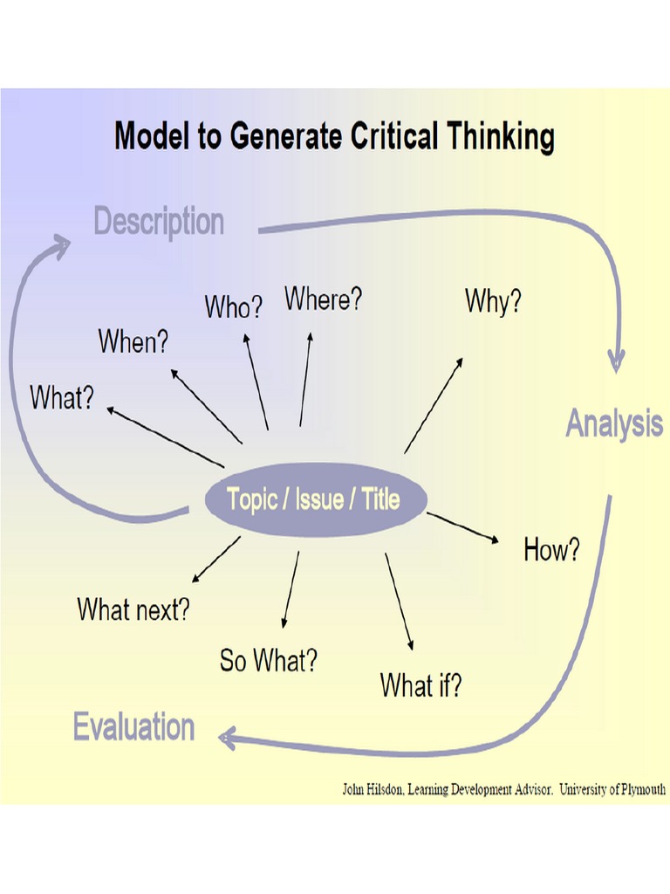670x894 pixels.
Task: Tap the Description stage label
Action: [159, 222]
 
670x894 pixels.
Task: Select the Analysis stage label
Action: [614, 423]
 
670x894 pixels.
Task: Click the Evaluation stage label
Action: [133, 726]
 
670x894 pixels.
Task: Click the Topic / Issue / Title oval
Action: [314, 499]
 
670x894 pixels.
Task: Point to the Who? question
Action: [233, 307]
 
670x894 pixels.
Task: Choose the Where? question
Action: [323, 299]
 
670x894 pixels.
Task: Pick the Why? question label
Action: [493, 301]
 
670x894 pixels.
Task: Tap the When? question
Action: [133, 341]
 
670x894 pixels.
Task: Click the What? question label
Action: [61, 397]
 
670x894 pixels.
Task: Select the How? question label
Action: [551, 550]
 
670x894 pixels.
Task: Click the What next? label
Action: [133, 609]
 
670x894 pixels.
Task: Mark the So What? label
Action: [268, 661]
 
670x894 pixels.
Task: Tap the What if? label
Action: [420, 685]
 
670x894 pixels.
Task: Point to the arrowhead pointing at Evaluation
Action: [227, 739]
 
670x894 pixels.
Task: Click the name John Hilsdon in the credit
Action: [373, 790]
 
